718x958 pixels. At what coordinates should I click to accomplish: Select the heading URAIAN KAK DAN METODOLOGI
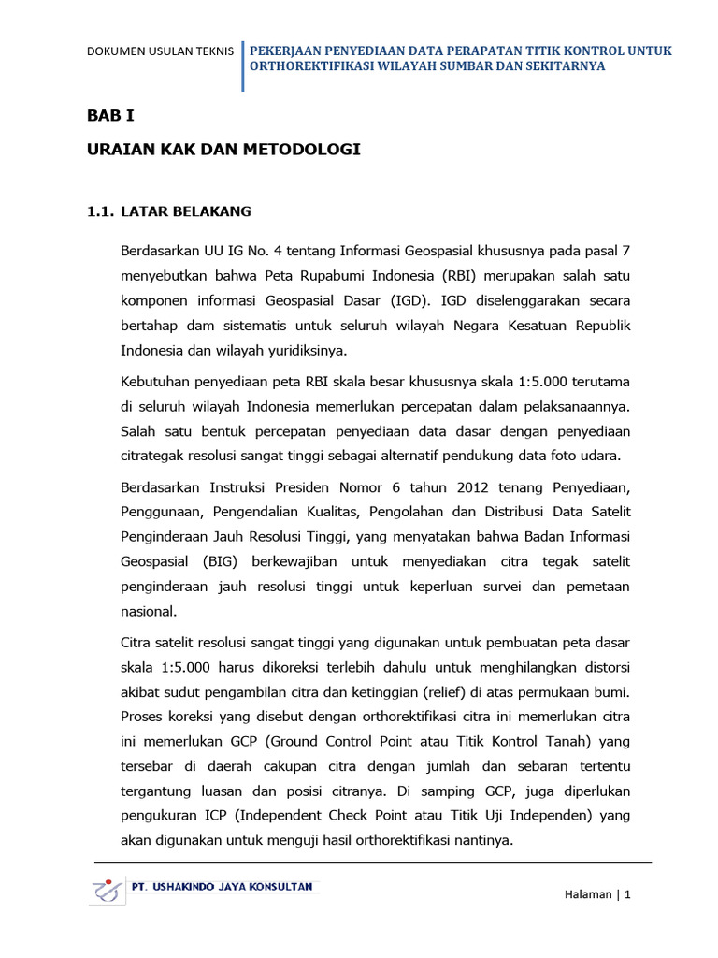pyautogui.click(x=223, y=150)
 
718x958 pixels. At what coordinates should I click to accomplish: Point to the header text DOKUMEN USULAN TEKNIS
pyautogui.click(x=160, y=51)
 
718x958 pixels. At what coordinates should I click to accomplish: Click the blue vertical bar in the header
pyautogui.click(x=243, y=65)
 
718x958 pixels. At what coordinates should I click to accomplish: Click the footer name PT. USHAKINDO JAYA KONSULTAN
pyautogui.click(x=223, y=886)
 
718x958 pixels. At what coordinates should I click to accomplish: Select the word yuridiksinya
pyautogui.click(x=305, y=351)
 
